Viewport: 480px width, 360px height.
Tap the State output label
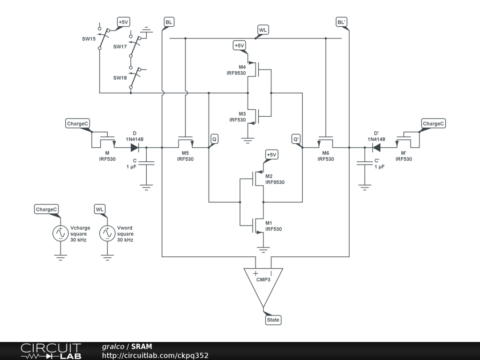(273, 320)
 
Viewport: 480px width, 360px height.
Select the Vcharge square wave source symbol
(60, 233)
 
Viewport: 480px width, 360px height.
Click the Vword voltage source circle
(107, 233)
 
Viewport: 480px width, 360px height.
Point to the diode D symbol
(135, 148)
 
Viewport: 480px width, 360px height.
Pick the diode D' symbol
(376, 148)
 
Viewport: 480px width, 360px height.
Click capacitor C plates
(146, 163)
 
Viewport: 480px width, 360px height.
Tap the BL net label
(169, 22)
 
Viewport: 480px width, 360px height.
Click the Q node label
(214, 139)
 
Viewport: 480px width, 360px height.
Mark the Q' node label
(296, 139)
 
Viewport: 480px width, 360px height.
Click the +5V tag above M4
(239, 45)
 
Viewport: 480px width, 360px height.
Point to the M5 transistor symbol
(185, 142)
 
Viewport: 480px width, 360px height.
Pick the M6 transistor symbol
(326, 142)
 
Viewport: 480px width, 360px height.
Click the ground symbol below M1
(264, 249)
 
